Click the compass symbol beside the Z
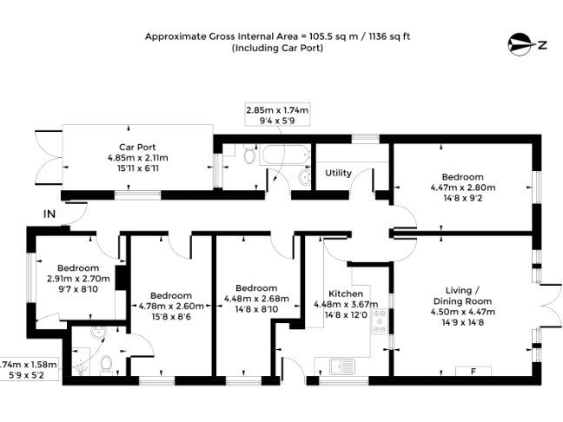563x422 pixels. pyautogui.click(x=520, y=44)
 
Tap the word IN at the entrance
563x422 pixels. pyautogui.click(x=50, y=214)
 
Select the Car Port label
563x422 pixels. pyautogui.click(x=137, y=147)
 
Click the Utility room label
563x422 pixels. pyautogui.click(x=338, y=173)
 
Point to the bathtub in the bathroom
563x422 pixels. pyautogui.click(x=285, y=155)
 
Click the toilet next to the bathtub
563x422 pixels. pyautogui.click(x=248, y=155)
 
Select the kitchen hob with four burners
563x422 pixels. pyautogui.click(x=380, y=321)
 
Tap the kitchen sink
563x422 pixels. pyautogui.click(x=342, y=366)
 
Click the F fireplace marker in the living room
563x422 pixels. pyautogui.click(x=474, y=372)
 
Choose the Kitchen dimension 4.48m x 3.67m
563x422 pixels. pyautogui.click(x=346, y=305)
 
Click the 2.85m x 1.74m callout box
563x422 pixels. pyautogui.click(x=277, y=115)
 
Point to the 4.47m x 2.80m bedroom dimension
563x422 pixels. pyautogui.click(x=463, y=188)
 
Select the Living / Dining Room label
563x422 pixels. pyautogui.click(x=463, y=296)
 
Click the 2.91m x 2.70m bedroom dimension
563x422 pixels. pyautogui.click(x=78, y=279)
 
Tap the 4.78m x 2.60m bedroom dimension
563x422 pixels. pyautogui.click(x=171, y=307)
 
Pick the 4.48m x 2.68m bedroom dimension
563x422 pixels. pyautogui.click(x=256, y=299)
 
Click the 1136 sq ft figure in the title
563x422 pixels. pyautogui.click(x=390, y=36)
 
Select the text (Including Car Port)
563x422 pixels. pyautogui.click(x=277, y=48)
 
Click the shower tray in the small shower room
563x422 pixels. pyautogui.click(x=81, y=361)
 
